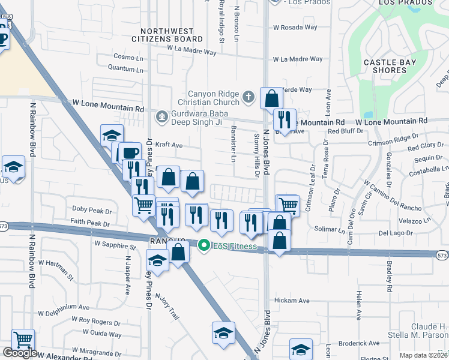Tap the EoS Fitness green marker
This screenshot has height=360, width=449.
203,245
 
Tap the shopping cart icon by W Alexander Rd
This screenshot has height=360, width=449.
23,340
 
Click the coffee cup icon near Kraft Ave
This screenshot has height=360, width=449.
129,152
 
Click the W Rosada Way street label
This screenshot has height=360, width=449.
295,28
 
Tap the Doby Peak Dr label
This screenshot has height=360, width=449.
92,211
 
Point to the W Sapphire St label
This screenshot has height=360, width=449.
115,245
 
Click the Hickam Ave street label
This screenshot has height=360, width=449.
291,300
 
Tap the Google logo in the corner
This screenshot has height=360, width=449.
19,353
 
